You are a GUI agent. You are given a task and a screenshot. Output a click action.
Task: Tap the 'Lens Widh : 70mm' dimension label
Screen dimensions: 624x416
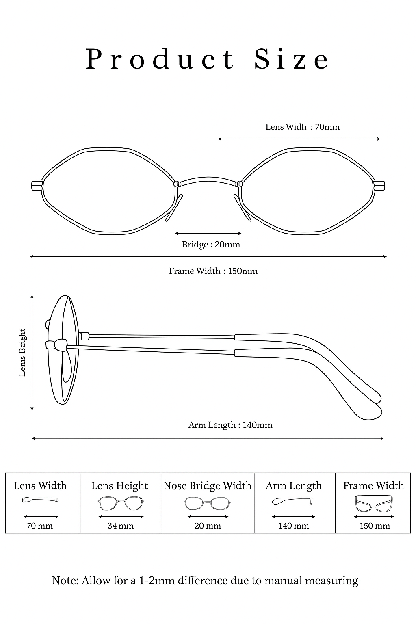302,127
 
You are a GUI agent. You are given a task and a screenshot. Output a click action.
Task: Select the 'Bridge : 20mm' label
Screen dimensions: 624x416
211,245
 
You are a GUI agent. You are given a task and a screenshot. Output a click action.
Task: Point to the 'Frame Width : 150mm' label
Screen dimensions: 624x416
213,271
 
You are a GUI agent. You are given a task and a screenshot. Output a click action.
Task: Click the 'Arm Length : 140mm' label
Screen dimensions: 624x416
230,425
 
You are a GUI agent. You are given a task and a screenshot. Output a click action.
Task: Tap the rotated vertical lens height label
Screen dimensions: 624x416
23,352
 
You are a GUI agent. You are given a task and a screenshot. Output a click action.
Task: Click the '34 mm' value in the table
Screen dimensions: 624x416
121,526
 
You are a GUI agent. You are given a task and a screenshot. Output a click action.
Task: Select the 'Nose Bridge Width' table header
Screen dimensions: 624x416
207,486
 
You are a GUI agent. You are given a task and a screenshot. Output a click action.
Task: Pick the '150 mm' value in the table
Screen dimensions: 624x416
375,526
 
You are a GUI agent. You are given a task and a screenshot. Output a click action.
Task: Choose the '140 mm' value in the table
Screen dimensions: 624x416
293,526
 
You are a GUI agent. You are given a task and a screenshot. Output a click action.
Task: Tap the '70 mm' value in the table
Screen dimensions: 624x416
40,526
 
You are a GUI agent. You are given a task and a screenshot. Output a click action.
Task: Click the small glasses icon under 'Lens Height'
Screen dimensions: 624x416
121,504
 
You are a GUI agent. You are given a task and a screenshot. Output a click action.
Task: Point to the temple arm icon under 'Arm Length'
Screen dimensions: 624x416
293,501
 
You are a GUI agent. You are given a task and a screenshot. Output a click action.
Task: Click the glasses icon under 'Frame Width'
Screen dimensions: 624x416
374,503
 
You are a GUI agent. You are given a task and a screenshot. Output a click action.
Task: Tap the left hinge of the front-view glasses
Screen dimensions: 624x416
37,185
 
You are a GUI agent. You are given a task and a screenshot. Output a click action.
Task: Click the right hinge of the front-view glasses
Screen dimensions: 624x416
379,185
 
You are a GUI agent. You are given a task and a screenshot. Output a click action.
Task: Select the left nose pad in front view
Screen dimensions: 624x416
172,208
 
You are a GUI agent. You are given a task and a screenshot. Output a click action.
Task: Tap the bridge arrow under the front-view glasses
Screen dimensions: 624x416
208,234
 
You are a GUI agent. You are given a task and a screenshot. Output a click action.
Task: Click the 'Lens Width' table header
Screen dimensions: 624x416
40,486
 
